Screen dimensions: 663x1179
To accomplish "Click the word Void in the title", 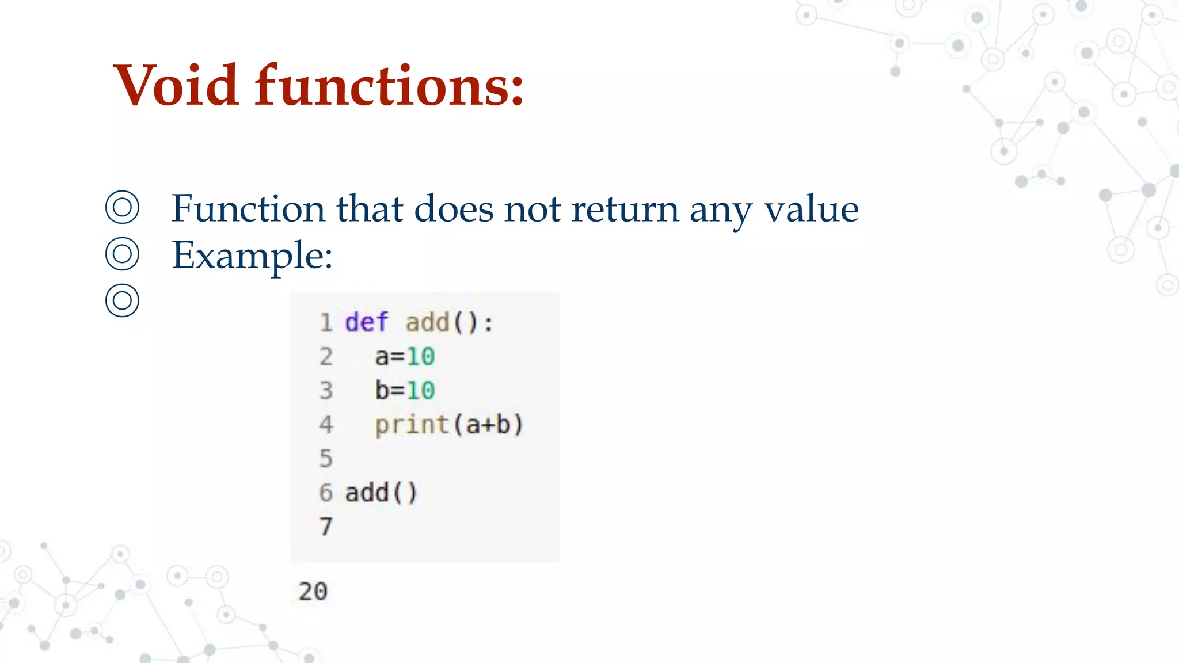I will pyautogui.click(x=176, y=86).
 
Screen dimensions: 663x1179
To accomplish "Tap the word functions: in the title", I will pyautogui.click(x=389, y=86).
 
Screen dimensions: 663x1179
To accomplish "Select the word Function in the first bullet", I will pyautogui.click(x=248, y=208).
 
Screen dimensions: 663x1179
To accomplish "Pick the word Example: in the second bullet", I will pyautogui.click(x=252, y=255).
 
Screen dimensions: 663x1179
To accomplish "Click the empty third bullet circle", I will pyautogui.click(x=122, y=300).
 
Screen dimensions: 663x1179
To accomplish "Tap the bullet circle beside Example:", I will pyautogui.click(x=122, y=254).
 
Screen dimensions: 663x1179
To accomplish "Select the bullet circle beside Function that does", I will pyautogui.click(x=122, y=207).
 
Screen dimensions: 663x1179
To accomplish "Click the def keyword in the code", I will pyautogui.click(x=366, y=322).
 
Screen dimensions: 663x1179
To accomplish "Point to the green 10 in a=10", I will pyautogui.click(x=421, y=357).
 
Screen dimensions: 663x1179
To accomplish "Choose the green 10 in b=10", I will pyautogui.click(x=421, y=391).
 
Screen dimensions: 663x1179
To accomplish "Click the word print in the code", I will pyautogui.click(x=412, y=425).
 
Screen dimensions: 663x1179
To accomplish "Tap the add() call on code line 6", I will pyautogui.click(x=381, y=493).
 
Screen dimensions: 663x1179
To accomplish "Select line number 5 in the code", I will pyautogui.click(x=326, y=459).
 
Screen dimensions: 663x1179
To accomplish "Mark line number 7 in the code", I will pyautogui.click(x=326, y=527).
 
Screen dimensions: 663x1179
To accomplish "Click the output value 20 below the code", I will pyautogui.click(x=313, y=592).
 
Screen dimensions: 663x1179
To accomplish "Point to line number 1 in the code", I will pyautogui.click(x=326, y=322).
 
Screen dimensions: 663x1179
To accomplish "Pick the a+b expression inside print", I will pyautogui.click(x=488, y=425).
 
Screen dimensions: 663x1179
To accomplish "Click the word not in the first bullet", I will pyautogui.click(x=533, y=208).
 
